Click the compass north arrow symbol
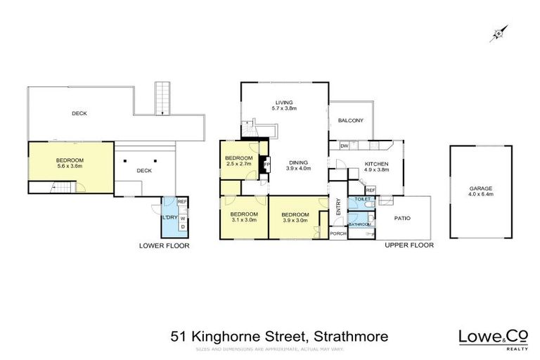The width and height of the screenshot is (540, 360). tap(499, 32)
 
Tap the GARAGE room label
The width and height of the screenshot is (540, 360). tap(481, 188)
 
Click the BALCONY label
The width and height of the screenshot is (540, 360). tap(350, 121)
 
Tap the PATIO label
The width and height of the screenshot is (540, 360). tap(401, 218)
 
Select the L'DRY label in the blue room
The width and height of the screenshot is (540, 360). tap(169, 217)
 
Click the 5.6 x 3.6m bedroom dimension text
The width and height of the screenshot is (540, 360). tap(70, 167)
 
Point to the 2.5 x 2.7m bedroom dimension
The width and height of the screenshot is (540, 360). tap(239, 164)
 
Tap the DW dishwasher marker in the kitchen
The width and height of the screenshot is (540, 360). tap(345, 146)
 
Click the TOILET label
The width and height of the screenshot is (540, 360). tap(363, 200)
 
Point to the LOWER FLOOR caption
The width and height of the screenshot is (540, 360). tap(164, 246)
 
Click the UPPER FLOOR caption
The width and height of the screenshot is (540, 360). tap(409, 245)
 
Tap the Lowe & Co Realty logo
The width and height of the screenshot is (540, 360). tap(484, 337)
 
